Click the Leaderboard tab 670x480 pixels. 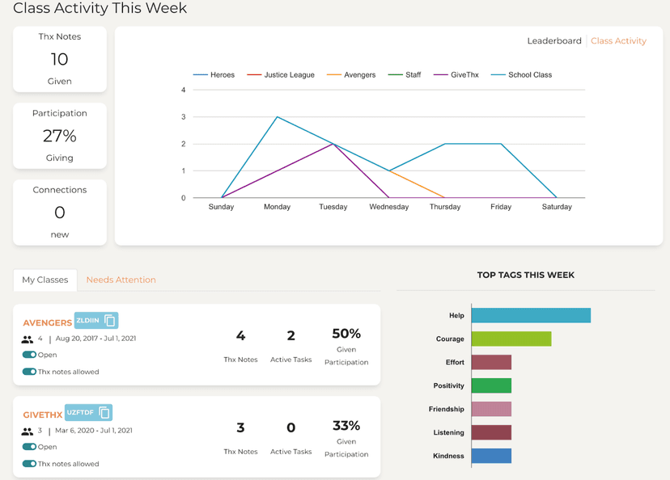tap(553, 40)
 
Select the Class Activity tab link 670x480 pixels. tap(618, 40)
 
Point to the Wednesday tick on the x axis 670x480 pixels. tap(388, 207)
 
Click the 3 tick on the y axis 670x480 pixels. tap(184, 117)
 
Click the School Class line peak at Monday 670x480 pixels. tap(278, 117)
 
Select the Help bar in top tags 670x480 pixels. tap(531, 315)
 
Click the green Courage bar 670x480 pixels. tap(511, 339)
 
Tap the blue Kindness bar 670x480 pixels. tap(491, 456)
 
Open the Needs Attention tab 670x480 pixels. tap(121, 280)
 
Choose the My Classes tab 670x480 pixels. tap(45, 280)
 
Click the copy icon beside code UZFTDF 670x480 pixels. tap(104, 413)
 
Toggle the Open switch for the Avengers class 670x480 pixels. tap(29, 355)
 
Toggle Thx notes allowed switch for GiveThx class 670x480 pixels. tap(29, 464)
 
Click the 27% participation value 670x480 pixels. tap(60, 136)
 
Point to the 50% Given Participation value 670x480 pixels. tap(346, 334)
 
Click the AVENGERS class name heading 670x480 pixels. tap(47, 322)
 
